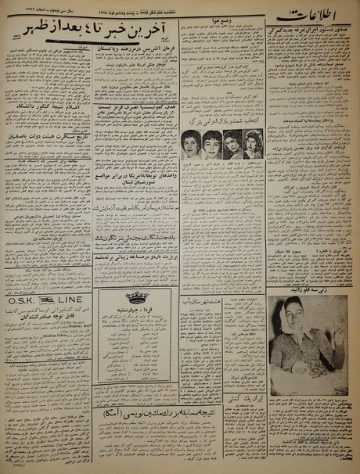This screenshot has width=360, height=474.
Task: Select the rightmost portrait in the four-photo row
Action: (x=252, y=145)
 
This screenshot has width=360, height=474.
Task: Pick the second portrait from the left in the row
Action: (x=212, y=145)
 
